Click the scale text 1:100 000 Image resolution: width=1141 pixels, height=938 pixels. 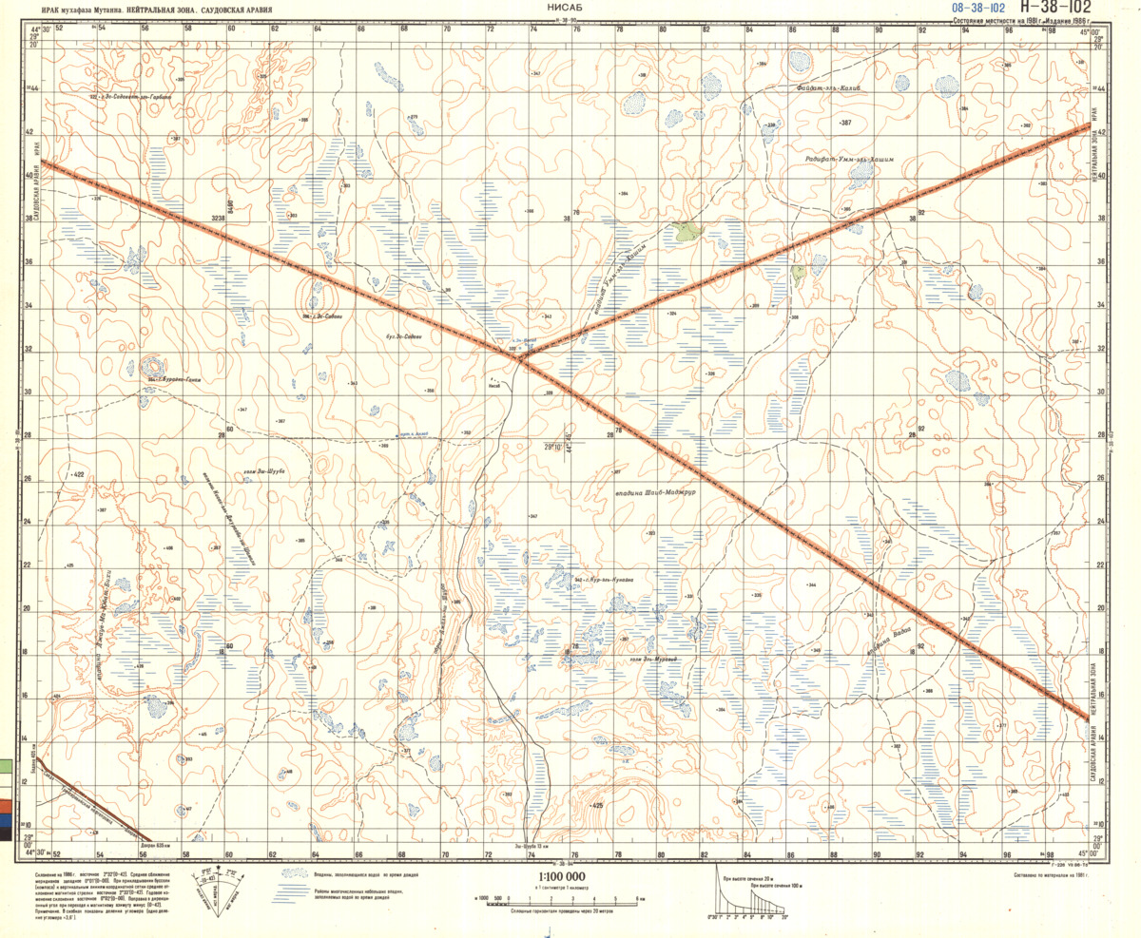pyautogui.click(x=562, y=877)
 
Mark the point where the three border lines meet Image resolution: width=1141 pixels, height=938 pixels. pyautogui.click(x=521, y=354)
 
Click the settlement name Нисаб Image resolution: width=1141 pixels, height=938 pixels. pyautogui.click(x=520, y=386)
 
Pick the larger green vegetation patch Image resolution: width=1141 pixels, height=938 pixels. pyautogui.click(x=684, y=229)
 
